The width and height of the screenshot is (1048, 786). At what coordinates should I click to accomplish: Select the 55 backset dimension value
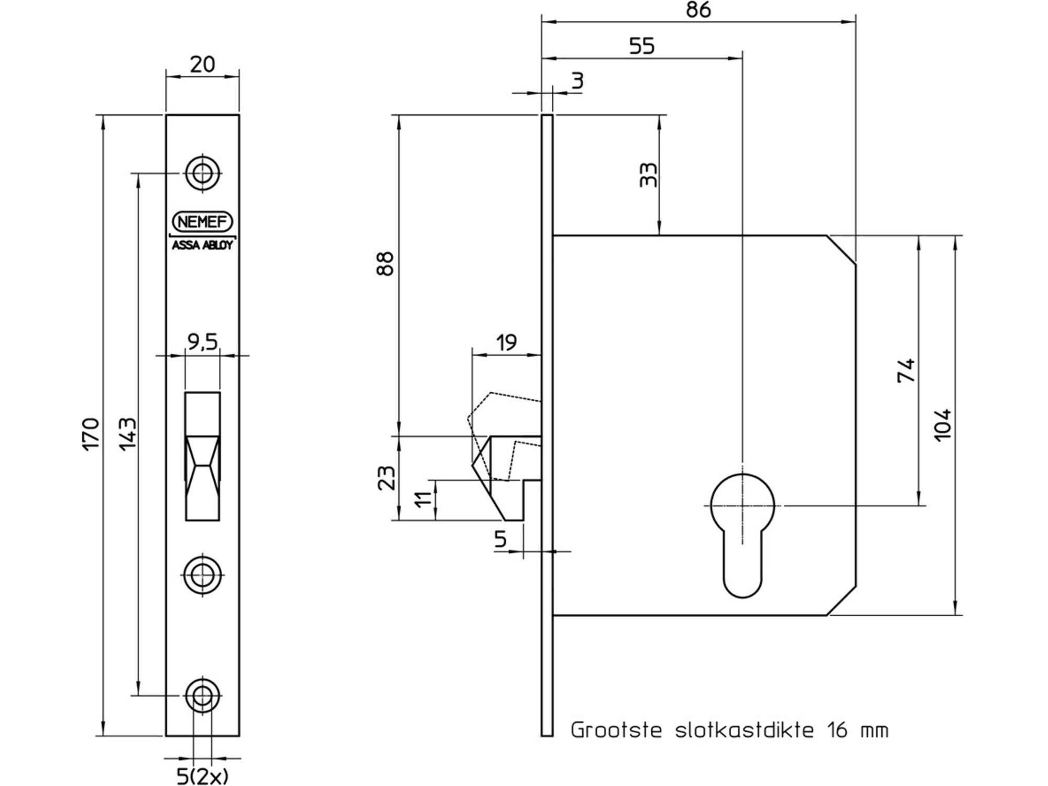click(x=642, y=46)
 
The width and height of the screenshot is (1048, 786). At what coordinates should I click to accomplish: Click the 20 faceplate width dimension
click(x=202, y=64)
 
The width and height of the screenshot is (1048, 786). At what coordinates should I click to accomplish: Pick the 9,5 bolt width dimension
click(x=202, y=342)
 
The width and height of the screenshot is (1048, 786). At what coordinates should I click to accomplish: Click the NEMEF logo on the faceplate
click(x=202, y=222)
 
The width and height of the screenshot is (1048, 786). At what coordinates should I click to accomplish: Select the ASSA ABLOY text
click(x=202, y=245)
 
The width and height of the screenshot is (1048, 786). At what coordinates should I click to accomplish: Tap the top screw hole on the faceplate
click(x=202, y=172)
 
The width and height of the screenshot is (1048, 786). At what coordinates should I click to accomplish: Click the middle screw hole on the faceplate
click(x=202, y=575)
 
